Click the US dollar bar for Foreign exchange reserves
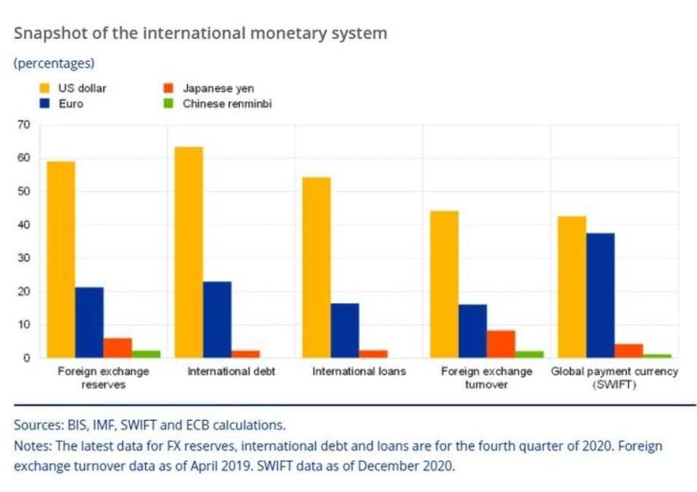pos(60,259)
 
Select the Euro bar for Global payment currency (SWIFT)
pos(600,295)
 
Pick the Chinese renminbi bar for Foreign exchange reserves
pos(147,354)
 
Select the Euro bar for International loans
pos(345,330)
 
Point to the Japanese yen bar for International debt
pos(245,354)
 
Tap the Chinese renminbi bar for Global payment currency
pos(657,355)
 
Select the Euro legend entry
pos(71,103)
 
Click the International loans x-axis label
pos(359,372)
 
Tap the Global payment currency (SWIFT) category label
pos(614,378)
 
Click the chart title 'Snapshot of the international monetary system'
pos(200,33)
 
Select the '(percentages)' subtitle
pos(54,63)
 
